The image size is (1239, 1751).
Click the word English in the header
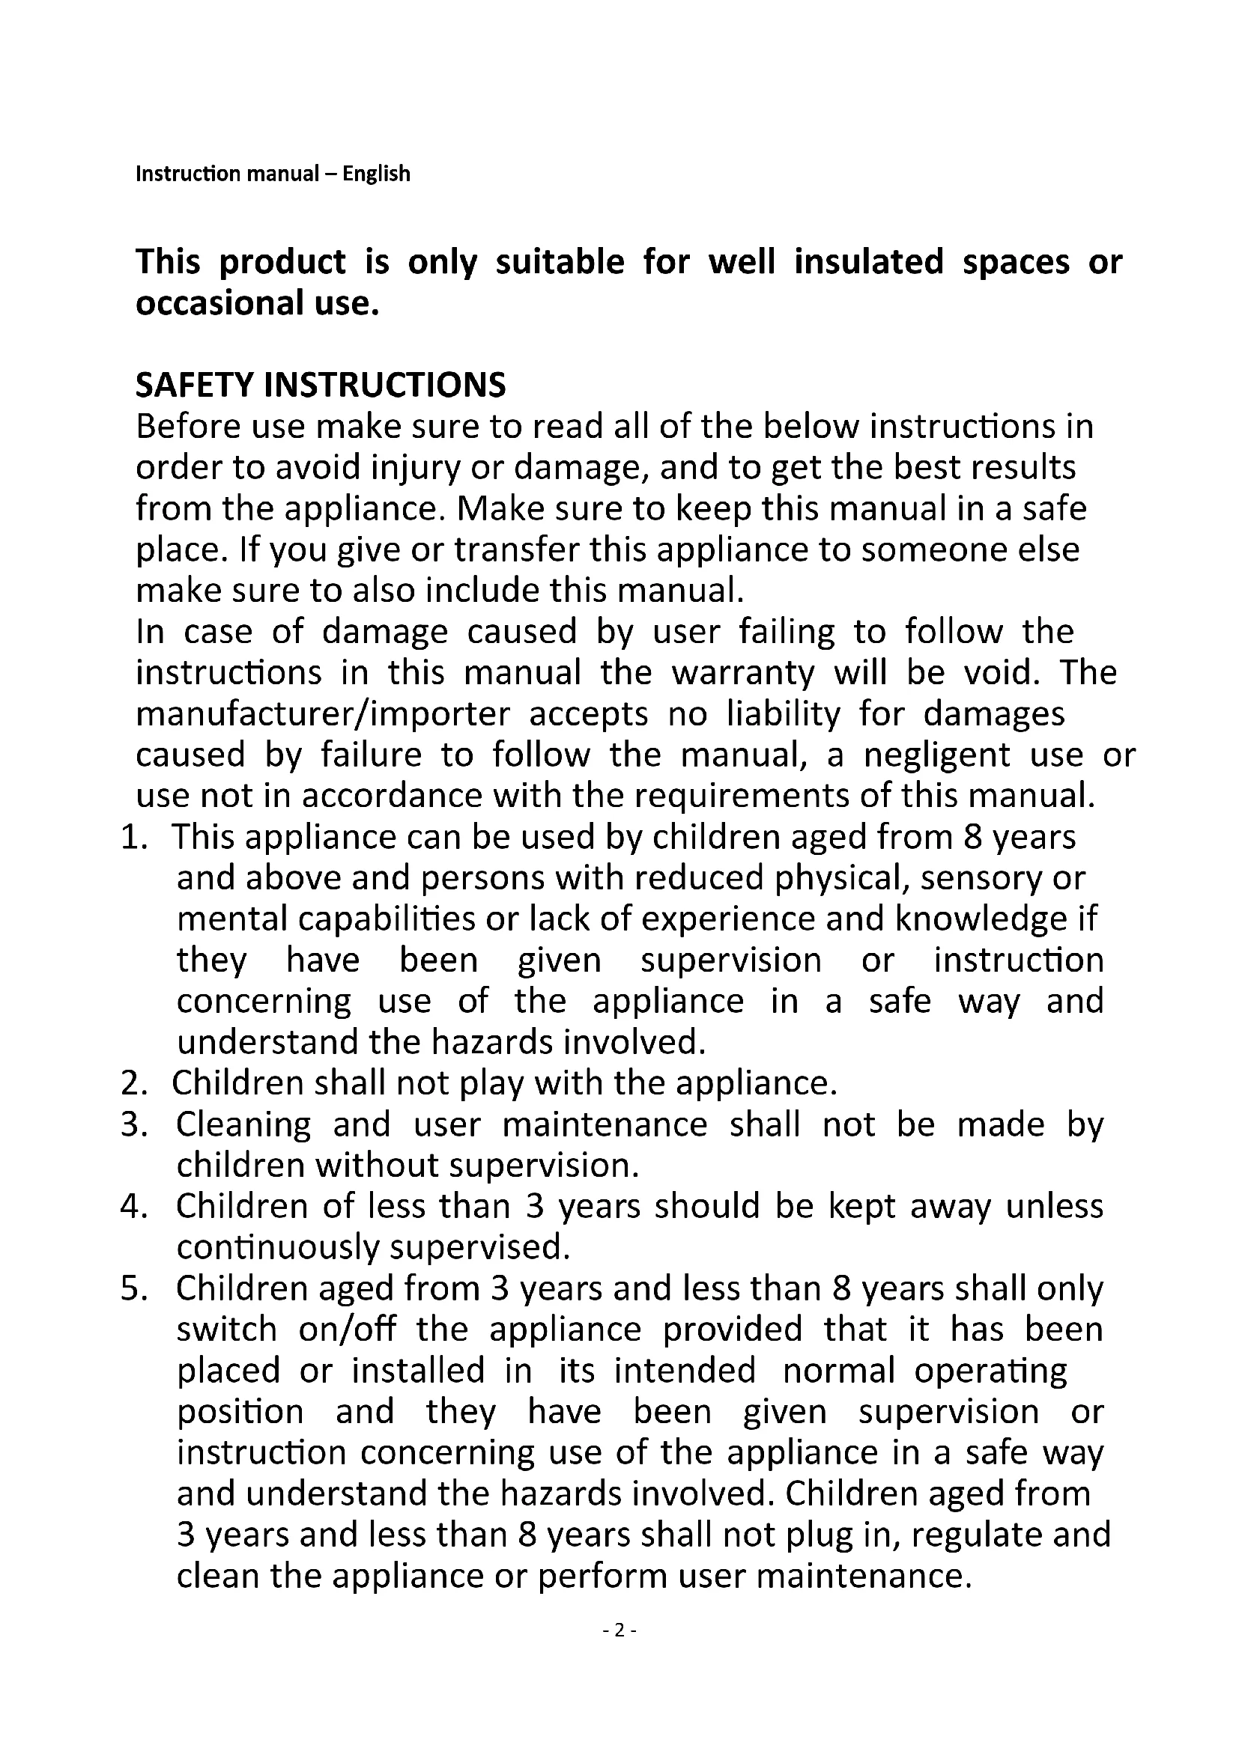point(376,174)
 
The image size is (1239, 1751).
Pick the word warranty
point(743,673)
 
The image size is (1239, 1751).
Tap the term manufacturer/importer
point(323,714)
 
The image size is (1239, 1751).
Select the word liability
point(783,714)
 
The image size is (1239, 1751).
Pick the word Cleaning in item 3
point(243,1125)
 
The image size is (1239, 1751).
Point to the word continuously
point(278,1249)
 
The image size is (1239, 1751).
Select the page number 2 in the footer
point(619,1630)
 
